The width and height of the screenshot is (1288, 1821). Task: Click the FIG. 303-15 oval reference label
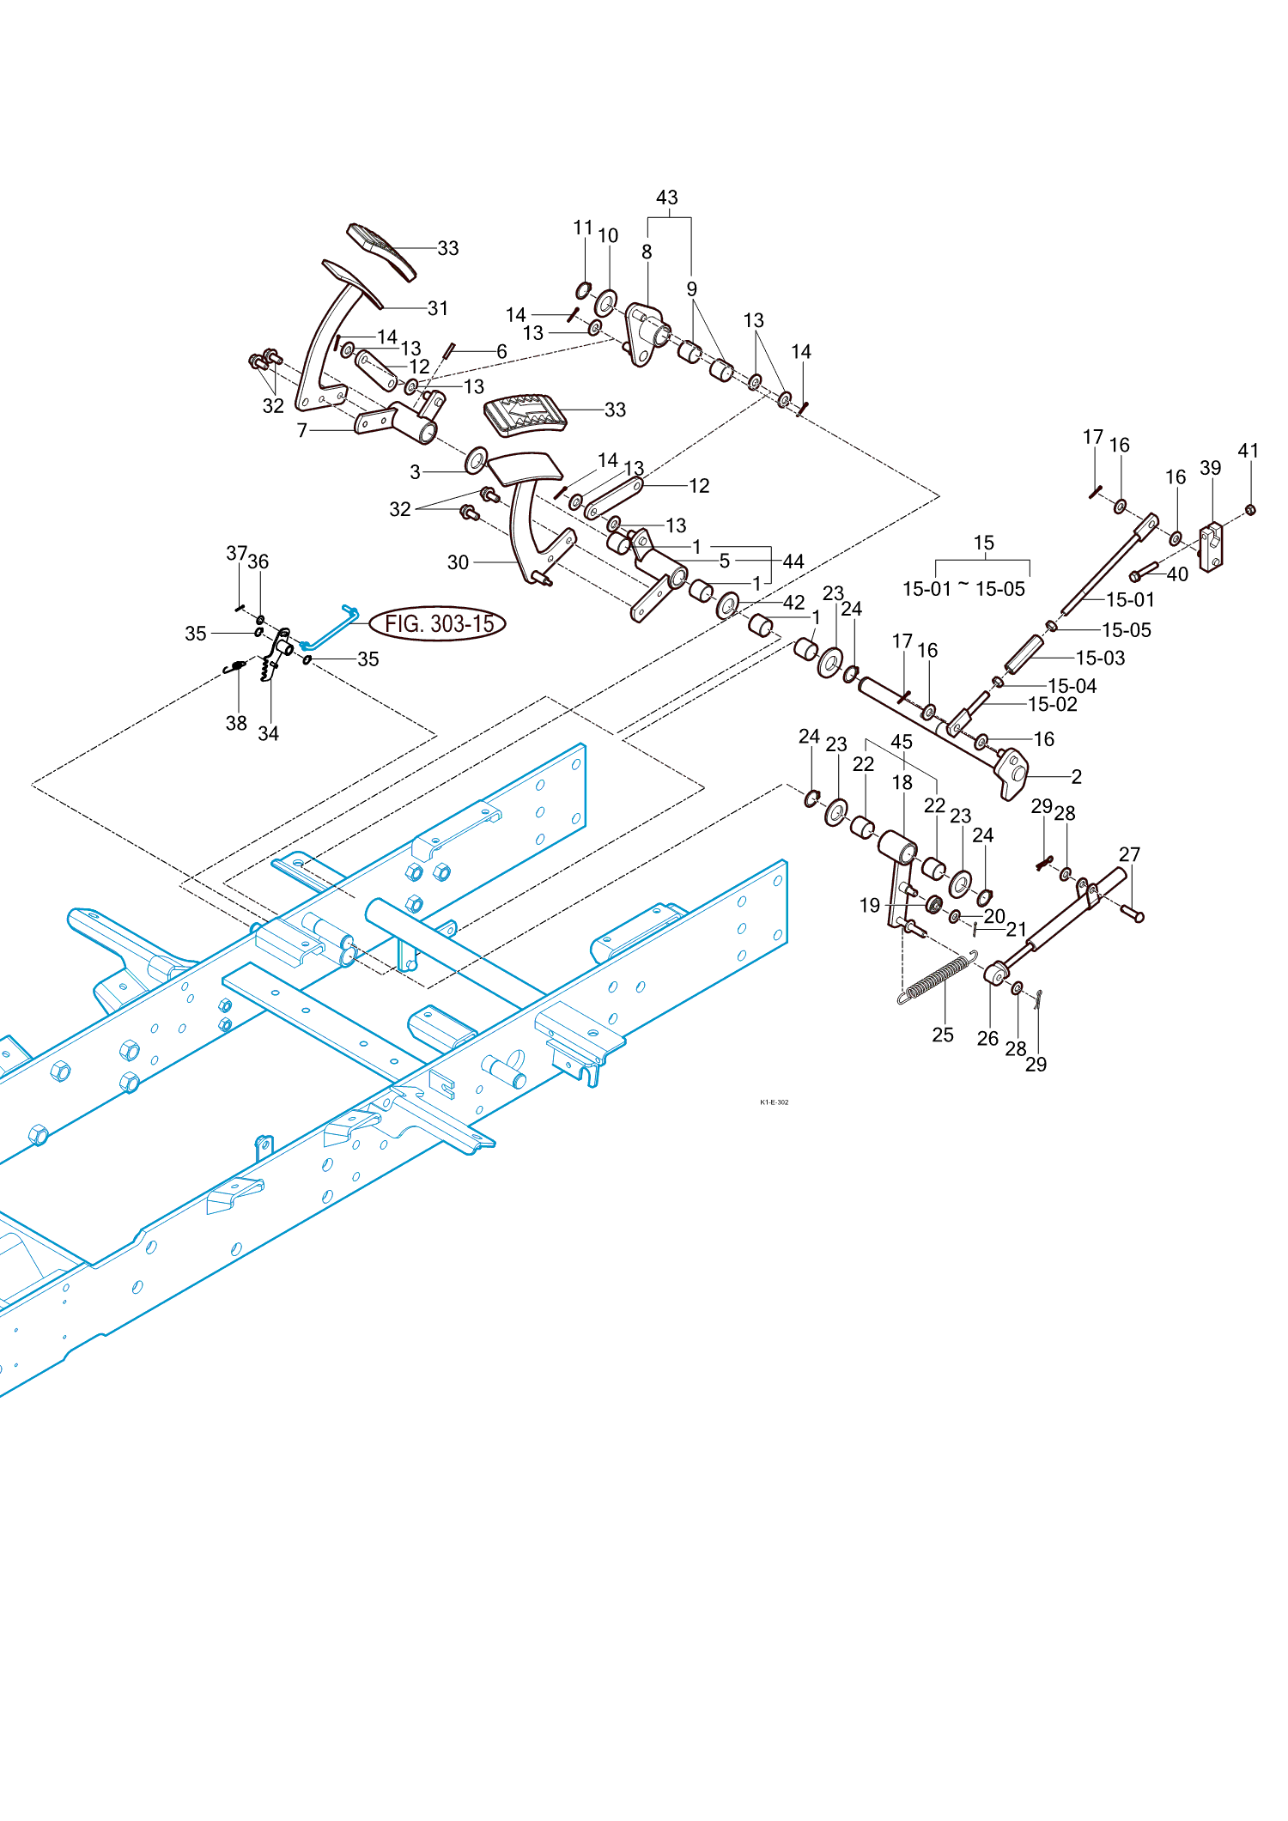tap(438, 623)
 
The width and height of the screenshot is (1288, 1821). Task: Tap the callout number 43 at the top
tap(667, 197)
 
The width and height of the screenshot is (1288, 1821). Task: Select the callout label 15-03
tap(1100, 658)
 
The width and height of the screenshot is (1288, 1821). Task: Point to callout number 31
tap(438, 308)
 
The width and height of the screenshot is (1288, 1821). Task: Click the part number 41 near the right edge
tap(1249, 451)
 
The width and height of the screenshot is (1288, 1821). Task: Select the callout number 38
tap(236, 723)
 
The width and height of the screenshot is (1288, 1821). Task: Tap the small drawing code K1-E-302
tap(774, 1102)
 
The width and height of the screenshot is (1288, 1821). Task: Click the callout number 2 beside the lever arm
tap(1077, 776)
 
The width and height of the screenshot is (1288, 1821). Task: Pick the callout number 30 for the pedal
tap(458, 562)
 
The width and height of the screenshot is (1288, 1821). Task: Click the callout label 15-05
tap(1127, 629)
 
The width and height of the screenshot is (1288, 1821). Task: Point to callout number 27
tap(1130, 854)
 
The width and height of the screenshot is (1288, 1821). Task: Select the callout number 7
tap(302, 430)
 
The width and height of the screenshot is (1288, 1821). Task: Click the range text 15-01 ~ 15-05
tap(963, 588)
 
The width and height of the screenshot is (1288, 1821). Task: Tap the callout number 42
tap(794, 603)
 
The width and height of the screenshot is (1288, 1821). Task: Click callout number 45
tap(902, 742)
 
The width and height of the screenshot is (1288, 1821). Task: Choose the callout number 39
tap(1211, 468)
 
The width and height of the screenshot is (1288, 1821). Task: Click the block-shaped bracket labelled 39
tap(1211, 547)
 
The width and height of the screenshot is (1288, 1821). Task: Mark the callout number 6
tap(501, 351)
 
